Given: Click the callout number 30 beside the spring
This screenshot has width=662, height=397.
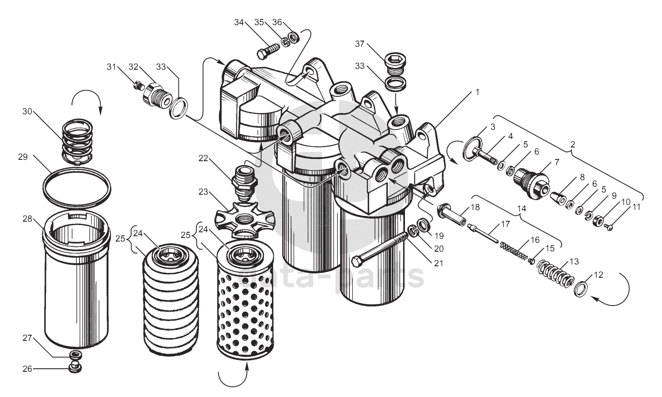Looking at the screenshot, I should [27, 111].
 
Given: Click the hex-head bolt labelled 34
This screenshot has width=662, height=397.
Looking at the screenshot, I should [267, 50].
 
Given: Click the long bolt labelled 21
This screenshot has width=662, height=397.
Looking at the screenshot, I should [380, 249].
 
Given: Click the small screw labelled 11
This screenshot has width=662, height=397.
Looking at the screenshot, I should [610, 227].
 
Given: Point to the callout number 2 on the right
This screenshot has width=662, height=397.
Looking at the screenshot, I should [573, 144].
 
